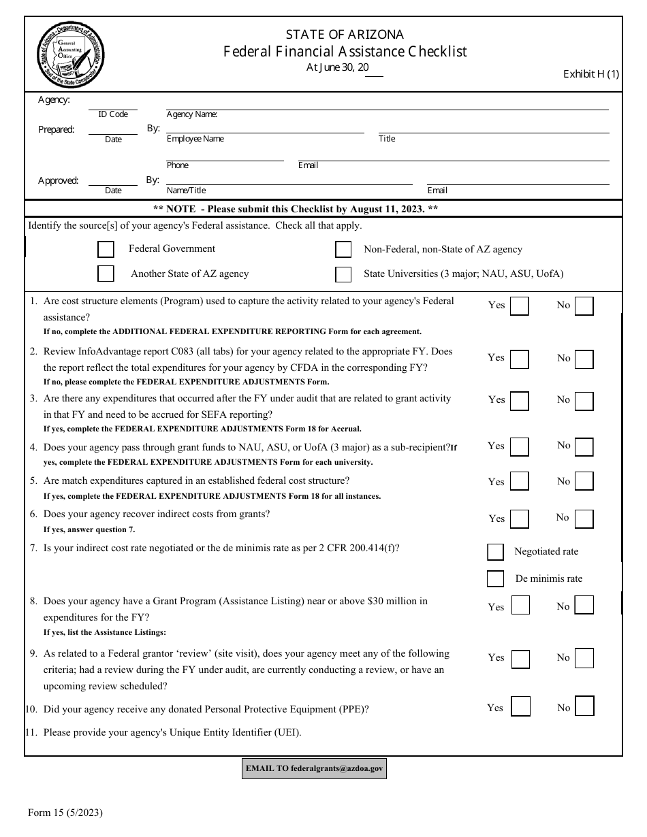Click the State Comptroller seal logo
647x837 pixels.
[x=70, y=54]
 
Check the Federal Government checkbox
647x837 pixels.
[x=106, y=249]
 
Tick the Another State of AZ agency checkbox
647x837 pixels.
[x=106, y=274]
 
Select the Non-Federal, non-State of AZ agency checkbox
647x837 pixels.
[x=343, y=250]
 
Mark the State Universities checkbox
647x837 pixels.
[x=343, y=274]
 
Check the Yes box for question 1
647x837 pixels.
[x=520, y=306]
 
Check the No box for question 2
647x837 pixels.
[x=584, y=359]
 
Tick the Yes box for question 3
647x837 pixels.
[x=520, y=401]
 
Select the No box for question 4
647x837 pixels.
[x=584, y=446]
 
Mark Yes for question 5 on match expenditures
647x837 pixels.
[x=520, y=482]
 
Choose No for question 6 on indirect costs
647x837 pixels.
[x=584, y=519]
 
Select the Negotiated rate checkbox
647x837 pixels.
[x=495, y=552]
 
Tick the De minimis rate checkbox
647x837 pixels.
[x=495, y=578]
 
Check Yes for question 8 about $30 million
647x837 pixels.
[x=520, y=606]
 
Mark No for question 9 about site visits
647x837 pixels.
[x=584, y=658]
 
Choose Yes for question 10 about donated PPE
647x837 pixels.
[x=520, y=706]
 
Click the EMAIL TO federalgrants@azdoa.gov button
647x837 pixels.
[x=314, y=768]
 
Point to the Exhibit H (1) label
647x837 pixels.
[x=590, y=75]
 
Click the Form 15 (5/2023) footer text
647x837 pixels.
[x=65, y=812]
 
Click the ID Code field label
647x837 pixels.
[x=113, y=114]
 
